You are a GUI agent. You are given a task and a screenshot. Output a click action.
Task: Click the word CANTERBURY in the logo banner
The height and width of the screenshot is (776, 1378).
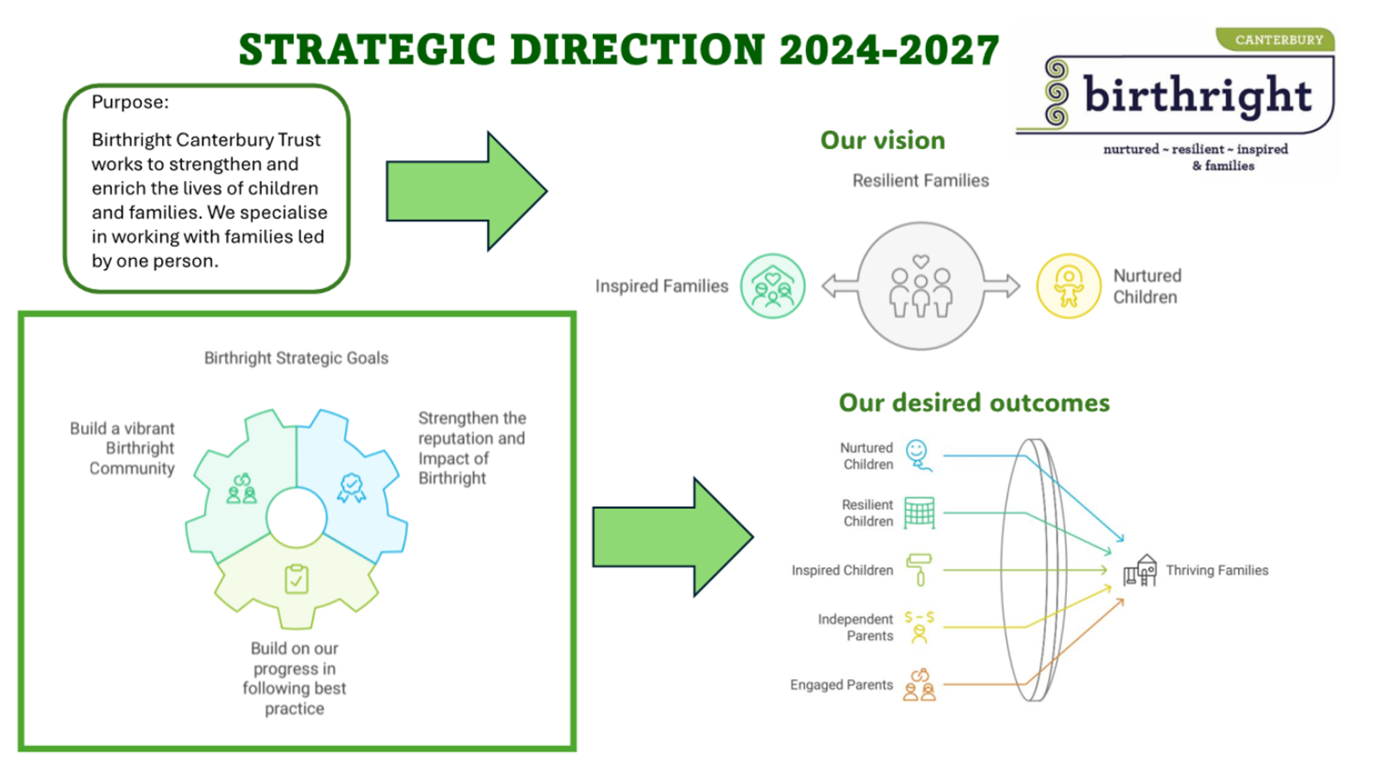[1279, 40]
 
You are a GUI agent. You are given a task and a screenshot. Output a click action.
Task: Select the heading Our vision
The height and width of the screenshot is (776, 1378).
[883, 140]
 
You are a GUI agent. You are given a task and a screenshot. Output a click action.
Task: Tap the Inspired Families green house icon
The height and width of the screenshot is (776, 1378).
[772, 286]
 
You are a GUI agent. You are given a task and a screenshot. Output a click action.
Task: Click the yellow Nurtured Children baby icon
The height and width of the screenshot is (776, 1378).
[1069, 286]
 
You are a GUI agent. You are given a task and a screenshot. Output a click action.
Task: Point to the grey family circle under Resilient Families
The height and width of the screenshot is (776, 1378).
[920, 286]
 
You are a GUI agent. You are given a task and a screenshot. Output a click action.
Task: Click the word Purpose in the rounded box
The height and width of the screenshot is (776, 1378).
[130, 102]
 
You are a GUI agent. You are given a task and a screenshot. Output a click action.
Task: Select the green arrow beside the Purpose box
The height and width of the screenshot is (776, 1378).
[467, 190]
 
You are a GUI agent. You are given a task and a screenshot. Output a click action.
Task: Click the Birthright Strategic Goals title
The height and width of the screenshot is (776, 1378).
[296, 358]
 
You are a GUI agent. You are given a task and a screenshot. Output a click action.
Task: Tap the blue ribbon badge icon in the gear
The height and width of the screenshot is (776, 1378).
[351, 488]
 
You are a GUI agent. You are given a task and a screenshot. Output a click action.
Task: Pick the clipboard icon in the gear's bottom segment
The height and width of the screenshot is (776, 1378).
[296, 579]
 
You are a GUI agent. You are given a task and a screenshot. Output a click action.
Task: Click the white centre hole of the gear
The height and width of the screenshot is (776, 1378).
[296, 518]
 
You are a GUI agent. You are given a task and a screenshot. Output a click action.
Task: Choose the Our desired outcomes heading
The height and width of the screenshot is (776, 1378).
[974, 403]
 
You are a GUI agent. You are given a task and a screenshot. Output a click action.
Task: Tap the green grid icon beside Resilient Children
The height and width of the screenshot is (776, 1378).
[920, 512]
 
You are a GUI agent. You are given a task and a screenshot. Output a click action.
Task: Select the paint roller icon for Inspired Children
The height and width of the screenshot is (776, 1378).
[919, 570]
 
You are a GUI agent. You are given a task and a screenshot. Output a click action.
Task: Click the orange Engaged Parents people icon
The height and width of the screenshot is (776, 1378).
[919, 684]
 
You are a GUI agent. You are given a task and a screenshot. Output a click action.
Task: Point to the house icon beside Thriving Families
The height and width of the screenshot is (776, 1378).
[1140, 570]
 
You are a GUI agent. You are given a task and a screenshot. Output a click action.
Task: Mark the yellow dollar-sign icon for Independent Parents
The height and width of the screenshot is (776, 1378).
[919, 627]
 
